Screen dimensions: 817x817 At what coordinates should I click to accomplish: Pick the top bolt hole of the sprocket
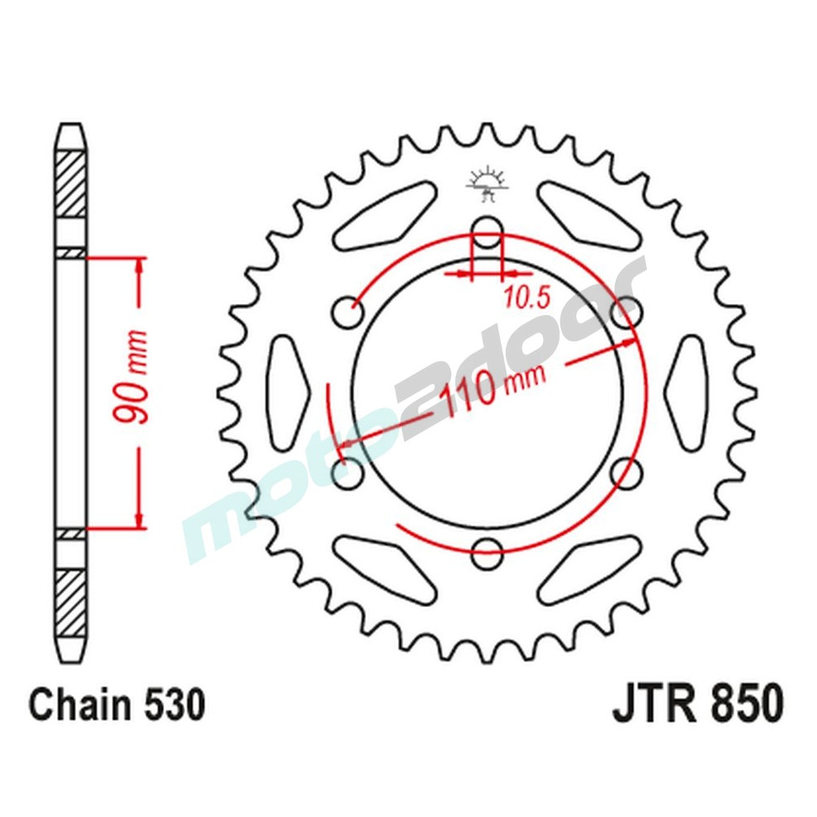point(487,230)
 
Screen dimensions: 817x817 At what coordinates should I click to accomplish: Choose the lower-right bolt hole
point(626,471)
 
